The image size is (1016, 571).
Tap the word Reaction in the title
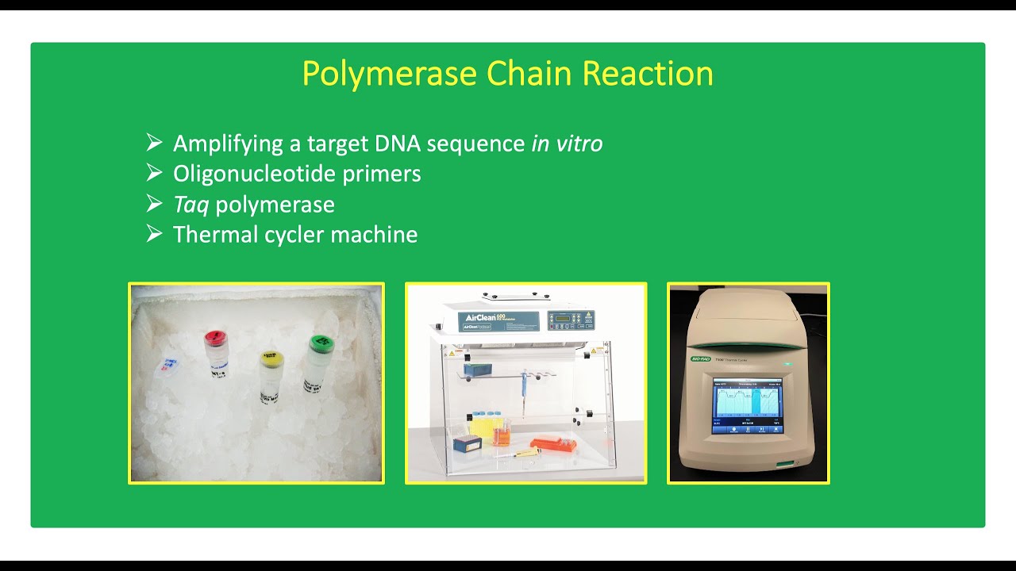point(648,74)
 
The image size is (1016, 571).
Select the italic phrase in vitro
point(567,144)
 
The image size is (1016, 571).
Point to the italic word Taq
point(190,205)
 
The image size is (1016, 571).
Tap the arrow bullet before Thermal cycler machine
point(154,234)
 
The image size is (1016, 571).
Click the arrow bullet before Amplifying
point(154,143)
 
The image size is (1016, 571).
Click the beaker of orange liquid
point(502,430)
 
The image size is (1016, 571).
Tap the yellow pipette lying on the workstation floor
point(525,453)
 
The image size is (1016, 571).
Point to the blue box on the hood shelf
point(478,370)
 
